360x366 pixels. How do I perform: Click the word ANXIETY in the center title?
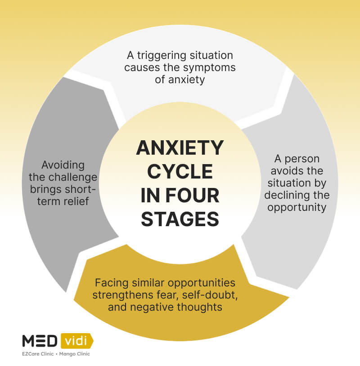(x=180, y=148)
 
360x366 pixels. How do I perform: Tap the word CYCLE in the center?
(x=180, y=171)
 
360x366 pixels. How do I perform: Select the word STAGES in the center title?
(x=180, y=219)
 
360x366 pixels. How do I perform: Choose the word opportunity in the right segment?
(x=297, y=208)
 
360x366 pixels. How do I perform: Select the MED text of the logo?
(x=39, y=341)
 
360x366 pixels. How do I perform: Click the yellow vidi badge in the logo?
(x=76, y=341)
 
